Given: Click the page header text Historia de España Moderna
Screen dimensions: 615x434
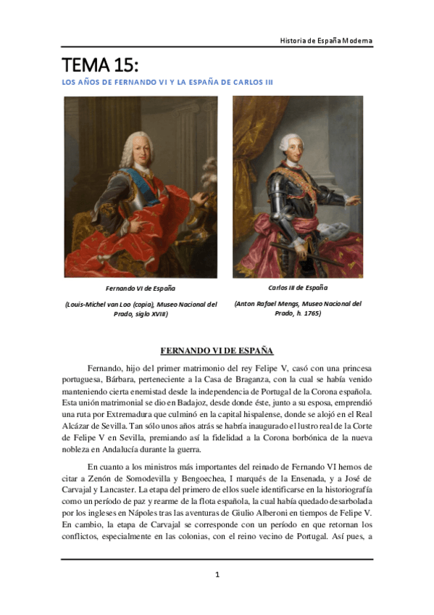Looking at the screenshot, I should (326, 40).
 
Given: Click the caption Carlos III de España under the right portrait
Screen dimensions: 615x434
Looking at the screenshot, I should (298, 288).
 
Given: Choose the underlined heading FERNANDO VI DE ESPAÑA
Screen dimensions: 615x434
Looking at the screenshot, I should (217, 350).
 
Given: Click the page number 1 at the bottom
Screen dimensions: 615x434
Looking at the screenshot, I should (217, 575).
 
